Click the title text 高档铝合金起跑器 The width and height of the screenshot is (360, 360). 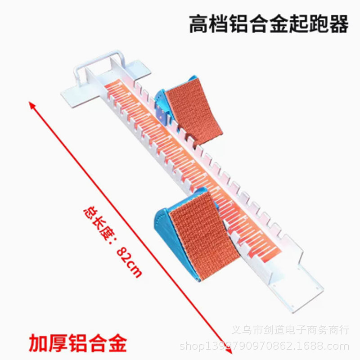269,25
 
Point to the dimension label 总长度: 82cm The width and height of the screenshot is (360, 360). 112,243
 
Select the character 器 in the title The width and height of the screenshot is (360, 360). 339,25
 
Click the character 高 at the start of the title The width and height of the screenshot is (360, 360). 198,25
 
